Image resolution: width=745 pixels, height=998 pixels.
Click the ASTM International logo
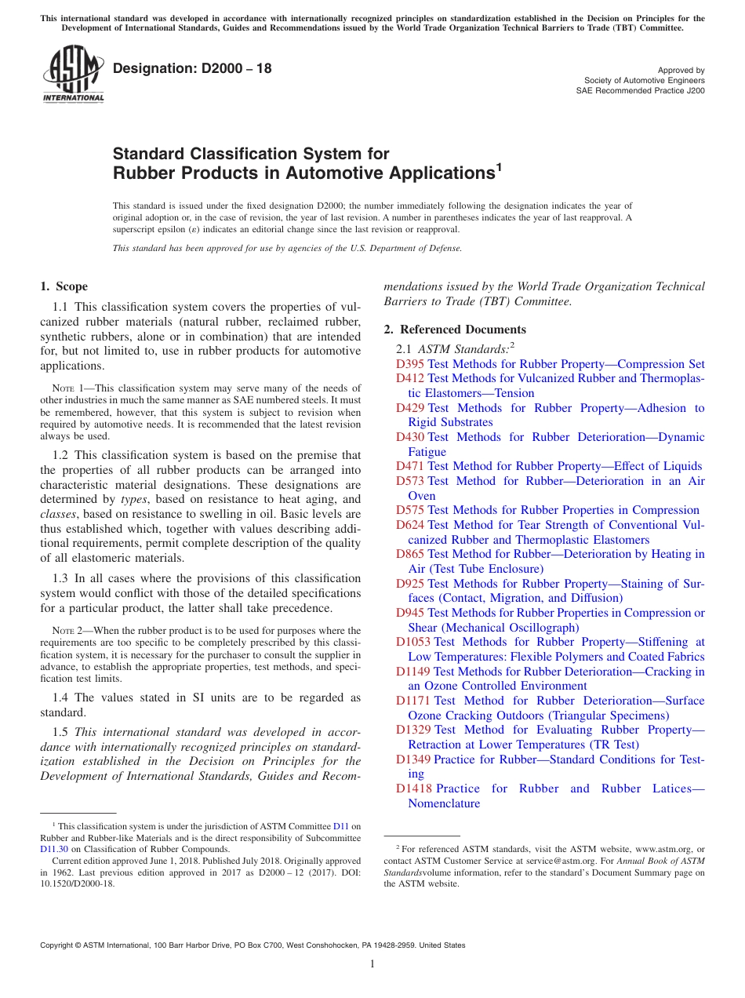(x=72, y=74)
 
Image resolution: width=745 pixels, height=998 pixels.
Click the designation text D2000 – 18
(x=192, y=68)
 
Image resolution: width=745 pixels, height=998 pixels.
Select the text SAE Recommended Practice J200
(x=640, y=90)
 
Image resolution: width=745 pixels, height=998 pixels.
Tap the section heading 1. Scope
(x=64, y=286)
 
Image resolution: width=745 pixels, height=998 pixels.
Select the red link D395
(x=410, y=364)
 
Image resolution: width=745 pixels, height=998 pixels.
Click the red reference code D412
(x=410, y=378)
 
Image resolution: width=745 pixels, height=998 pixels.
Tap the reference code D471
(x=410, y=466)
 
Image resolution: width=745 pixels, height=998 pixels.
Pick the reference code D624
(x=410, y=525)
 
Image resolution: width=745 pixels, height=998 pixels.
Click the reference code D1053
(x=413, y=642)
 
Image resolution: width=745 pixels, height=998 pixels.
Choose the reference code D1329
(x=413, y=730)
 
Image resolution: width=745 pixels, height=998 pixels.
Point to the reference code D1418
(x=413, y=789)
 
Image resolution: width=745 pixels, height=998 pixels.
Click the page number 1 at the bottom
(x=372, y=964)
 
